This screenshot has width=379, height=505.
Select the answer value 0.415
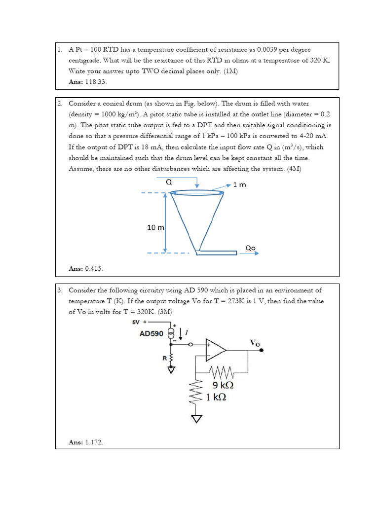point(94,268)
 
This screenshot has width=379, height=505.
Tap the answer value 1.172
point(94,442)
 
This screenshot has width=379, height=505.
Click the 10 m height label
point(155,227)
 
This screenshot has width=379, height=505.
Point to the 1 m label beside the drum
point(239,184)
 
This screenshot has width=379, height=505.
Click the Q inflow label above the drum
point(169,181)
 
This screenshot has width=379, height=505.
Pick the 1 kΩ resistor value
point(216,397)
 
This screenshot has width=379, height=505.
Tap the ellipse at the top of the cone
point(197,192)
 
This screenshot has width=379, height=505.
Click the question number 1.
point(59,50)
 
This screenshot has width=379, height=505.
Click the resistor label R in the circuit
point(164,358)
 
